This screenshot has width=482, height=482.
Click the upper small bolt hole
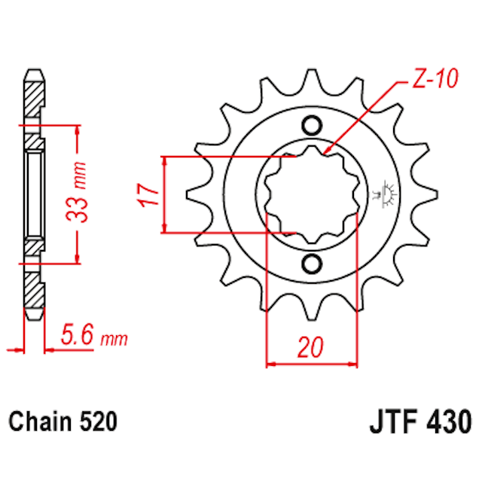312,125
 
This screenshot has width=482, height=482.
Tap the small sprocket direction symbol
391,194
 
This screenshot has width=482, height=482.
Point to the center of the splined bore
312,194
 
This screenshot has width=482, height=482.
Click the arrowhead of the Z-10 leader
326,153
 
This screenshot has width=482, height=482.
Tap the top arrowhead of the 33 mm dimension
78,127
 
